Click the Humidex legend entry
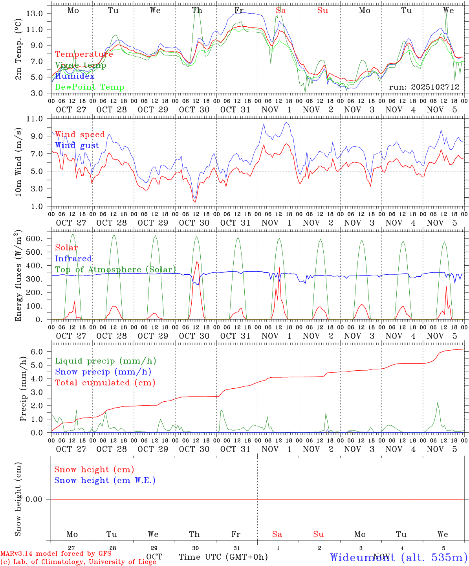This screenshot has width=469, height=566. coord(75,76)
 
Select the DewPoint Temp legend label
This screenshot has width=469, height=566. coord(90,87)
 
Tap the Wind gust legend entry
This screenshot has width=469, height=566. coord(77,145)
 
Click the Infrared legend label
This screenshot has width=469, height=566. coord(73,259)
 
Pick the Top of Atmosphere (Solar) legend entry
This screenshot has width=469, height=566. coord(115,270)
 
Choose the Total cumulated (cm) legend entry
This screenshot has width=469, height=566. coord(105,382)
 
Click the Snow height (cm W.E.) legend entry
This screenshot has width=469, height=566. coord(105,480)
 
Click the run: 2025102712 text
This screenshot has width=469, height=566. coord(424,87)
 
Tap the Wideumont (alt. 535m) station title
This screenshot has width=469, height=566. coord(399,557)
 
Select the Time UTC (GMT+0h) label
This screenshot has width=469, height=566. coord(223,557)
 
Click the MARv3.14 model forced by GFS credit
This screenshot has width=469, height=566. coord(56,553)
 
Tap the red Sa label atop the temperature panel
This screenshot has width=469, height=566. coord(280,11)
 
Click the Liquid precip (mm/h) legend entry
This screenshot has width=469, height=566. coord(106,361)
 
